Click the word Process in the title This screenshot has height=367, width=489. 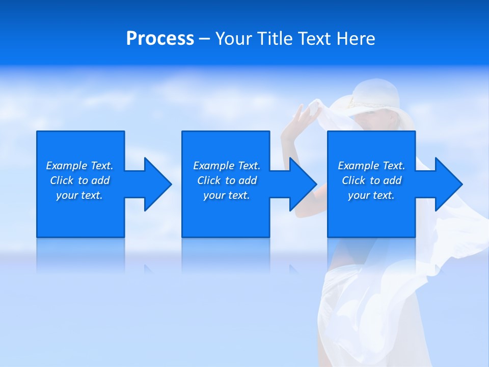click(x=160, y=39)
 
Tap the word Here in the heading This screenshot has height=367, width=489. click(x=356, y=39)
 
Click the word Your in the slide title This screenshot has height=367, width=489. click(x=234, y=39)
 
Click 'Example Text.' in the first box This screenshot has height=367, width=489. click(x=79, y=166)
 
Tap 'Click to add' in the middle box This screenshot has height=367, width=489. click(x=227, y=180)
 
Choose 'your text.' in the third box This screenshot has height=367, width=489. click(x=371, y=195)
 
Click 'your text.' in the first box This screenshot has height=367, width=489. click(x=79, y=195)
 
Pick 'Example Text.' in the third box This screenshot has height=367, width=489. click(x=371, y=166)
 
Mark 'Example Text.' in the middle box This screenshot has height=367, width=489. click(x=227, y=166)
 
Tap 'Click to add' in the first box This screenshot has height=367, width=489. click(x=79, y=180)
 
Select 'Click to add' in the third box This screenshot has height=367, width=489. click(x=371, y=180)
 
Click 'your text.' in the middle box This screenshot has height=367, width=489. click(x=227, y=195)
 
